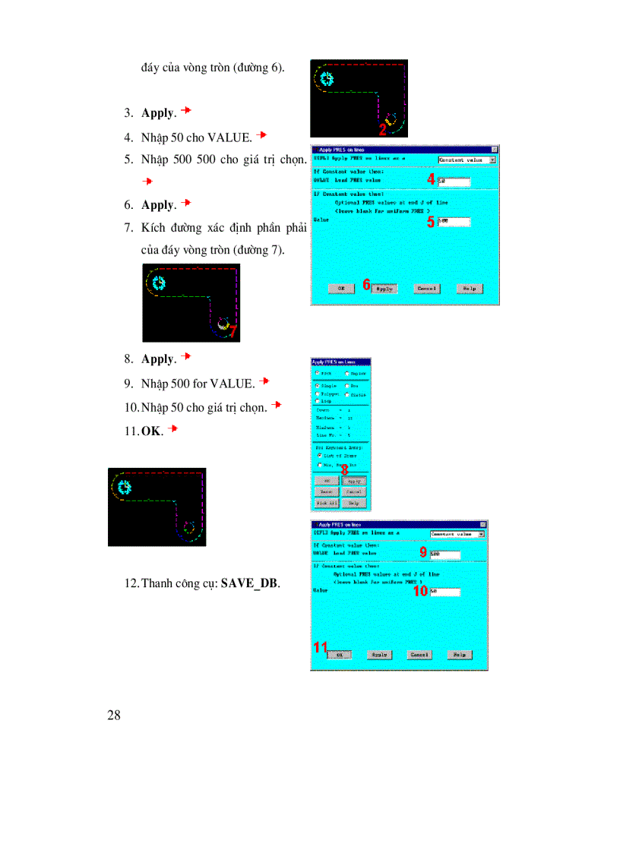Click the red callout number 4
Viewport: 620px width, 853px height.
(431, 179)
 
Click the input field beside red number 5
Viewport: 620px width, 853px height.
(454, 222)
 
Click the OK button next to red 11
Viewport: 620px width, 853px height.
(340, 654)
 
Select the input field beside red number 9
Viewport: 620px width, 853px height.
(444, 554)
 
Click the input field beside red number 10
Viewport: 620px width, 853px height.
(444, 591)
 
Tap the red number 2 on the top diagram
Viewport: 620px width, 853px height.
(383, 129)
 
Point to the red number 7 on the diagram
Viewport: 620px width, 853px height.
(232, 331)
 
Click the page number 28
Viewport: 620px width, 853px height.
(115, 715)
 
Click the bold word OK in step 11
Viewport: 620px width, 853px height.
(152, 431)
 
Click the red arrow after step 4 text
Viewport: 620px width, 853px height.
(261, 135)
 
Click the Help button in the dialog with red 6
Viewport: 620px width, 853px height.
(469, 289)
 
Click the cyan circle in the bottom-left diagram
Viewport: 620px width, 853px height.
(122, 486)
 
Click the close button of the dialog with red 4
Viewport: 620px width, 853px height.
(495, 150)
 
